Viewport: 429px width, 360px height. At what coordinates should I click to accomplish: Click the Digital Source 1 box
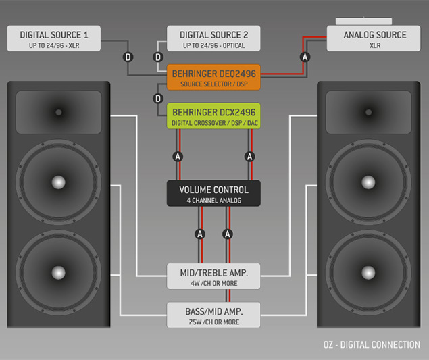(55, 38)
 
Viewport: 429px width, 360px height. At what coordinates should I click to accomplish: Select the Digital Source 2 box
(213, 38)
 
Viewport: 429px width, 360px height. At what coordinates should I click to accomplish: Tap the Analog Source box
(375, 38)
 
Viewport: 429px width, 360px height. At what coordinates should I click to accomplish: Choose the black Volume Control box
(213, 193)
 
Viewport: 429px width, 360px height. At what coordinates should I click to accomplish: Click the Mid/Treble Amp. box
(213, 276)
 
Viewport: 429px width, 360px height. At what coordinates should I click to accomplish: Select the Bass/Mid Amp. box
(213, 314)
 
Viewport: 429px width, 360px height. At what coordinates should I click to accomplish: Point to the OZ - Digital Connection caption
(372, 344)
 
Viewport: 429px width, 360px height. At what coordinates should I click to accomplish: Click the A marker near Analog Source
(305, 58)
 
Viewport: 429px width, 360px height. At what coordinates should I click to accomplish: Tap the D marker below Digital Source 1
(128, 57)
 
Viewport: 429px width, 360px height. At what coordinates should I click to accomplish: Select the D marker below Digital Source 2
(159, 57)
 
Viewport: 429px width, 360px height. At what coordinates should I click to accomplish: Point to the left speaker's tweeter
(59, 111)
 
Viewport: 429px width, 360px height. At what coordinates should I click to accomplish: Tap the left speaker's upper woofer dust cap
(59, 181)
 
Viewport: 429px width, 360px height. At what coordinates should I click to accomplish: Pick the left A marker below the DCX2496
(178, 156)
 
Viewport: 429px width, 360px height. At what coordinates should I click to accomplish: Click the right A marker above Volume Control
(249, 156)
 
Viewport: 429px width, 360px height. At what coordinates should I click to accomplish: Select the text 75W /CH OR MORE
(213, 322)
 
